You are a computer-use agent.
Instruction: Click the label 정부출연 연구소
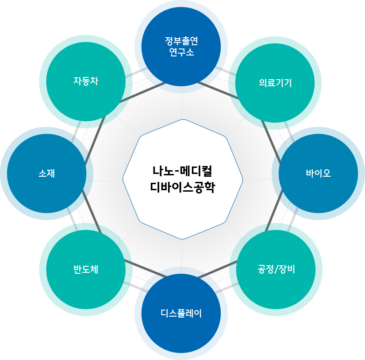click(x=182, y=46)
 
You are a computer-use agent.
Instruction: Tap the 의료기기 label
click(x=275, y=83)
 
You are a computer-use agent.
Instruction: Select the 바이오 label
click(x=318, y=173)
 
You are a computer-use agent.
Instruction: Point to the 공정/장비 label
click(x=276, y=269)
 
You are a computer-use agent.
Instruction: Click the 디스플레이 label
click(x=181, y=313)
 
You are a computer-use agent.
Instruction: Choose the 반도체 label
click(x=86, y=270)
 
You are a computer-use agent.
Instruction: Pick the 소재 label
click(x=47, y=173)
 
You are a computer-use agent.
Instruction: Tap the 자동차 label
click(x=86, y=80)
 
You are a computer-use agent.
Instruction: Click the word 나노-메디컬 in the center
click(x=182, y=170)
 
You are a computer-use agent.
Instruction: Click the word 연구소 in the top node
click(x=182, y=52)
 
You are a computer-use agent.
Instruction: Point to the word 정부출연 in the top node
click(x=182, y=41)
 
